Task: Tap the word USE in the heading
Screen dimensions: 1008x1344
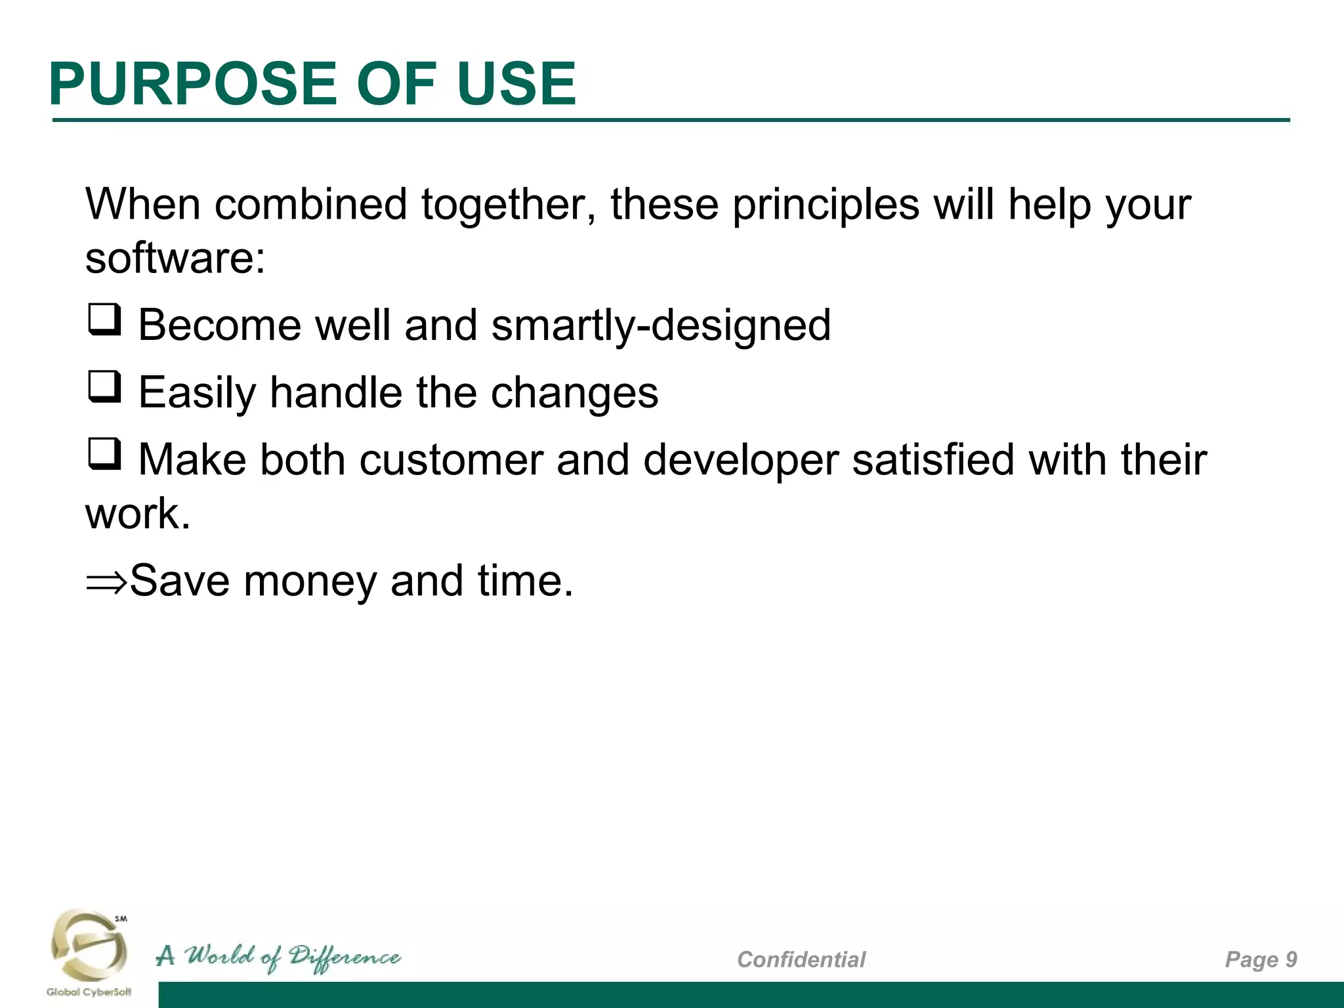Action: [x=516, y=84]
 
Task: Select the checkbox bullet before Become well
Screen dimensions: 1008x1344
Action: [x=104, y=320]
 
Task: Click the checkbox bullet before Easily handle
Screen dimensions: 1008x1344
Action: [x=104, y=387]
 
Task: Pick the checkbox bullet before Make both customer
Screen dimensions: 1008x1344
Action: [x=104, y=454]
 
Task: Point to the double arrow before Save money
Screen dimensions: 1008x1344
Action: [x=106, y=581]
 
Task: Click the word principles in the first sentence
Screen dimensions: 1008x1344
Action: [x=826, y=205]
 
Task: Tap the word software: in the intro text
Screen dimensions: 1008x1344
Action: [x=175, y=258]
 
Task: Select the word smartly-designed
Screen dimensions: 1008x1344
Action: [x=661, y=325]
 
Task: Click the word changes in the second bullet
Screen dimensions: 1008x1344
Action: [x=574, y=393]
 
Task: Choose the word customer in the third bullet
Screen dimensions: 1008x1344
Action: [x=451, y=459]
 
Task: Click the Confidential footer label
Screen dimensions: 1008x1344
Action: [x=801, y=959]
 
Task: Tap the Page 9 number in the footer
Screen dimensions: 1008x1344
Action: [x=1261, y=959]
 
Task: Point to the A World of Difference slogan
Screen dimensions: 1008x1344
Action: [x=278, y=957]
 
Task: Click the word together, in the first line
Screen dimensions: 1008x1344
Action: [x=509, y=205]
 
